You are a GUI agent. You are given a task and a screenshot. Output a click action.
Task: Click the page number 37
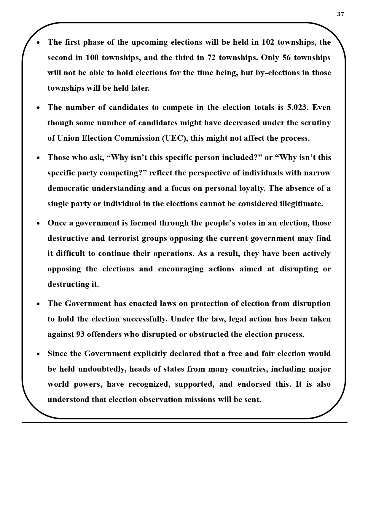(x=340, y=14)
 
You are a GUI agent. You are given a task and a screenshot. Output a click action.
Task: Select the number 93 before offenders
(x=80, y=334)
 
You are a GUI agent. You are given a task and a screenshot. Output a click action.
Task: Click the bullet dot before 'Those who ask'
(x=38, y=158)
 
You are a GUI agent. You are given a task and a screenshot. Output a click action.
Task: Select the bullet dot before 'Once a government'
(x=38, y=223)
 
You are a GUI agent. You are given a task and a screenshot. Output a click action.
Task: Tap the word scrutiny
(x=316, y=123)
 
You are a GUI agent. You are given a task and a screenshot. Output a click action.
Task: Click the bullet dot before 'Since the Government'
(x=38, y=354)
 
